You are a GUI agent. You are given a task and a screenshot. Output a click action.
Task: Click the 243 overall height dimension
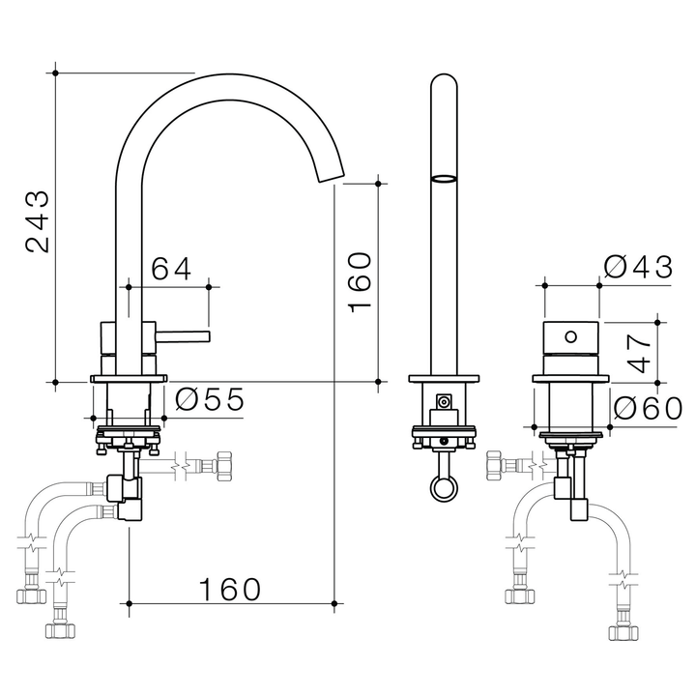tap(37, 221)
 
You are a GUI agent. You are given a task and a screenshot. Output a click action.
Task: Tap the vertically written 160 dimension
tap(359, 280)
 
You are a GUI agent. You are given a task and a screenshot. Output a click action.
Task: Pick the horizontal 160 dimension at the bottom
tap(230, 588)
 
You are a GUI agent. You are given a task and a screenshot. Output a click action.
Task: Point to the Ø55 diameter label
tap(210, 398)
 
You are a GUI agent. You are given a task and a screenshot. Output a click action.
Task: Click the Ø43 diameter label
tap(637, 268)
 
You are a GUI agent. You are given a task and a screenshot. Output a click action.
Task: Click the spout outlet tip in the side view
tap(329, 174)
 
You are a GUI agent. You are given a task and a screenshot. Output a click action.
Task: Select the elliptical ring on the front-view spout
tap(443, 178)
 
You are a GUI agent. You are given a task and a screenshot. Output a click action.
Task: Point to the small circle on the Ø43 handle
tap(570, 337)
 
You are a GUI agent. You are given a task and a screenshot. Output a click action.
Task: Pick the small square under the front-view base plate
tap(444, 402)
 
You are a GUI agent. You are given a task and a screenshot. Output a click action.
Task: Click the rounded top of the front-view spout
tap(443, 82)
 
